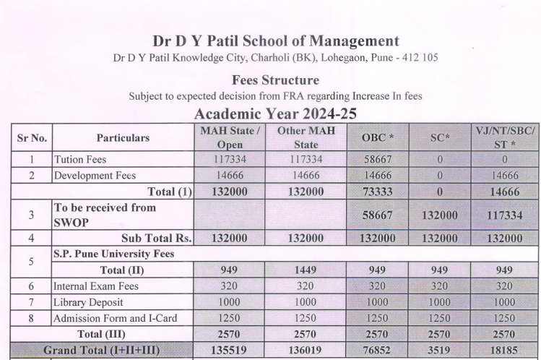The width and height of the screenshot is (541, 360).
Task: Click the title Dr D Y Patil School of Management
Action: (x=275, y=41)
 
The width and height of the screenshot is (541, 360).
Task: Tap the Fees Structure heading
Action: (x=275, y=80)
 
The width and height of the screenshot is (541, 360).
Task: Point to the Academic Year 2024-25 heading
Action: (x=275, y=113)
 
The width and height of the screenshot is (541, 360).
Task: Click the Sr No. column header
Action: (x=32, y=137)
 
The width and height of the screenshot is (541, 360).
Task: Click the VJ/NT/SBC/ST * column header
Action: (x=505, y=137)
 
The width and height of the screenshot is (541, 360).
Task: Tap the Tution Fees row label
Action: (x=79, y=159)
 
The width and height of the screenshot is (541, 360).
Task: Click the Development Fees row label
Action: (x=95, y=175)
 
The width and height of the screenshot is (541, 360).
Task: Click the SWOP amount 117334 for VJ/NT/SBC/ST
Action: (x=505, y=215)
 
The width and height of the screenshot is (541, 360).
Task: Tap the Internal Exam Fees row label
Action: (x=96, y=286)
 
